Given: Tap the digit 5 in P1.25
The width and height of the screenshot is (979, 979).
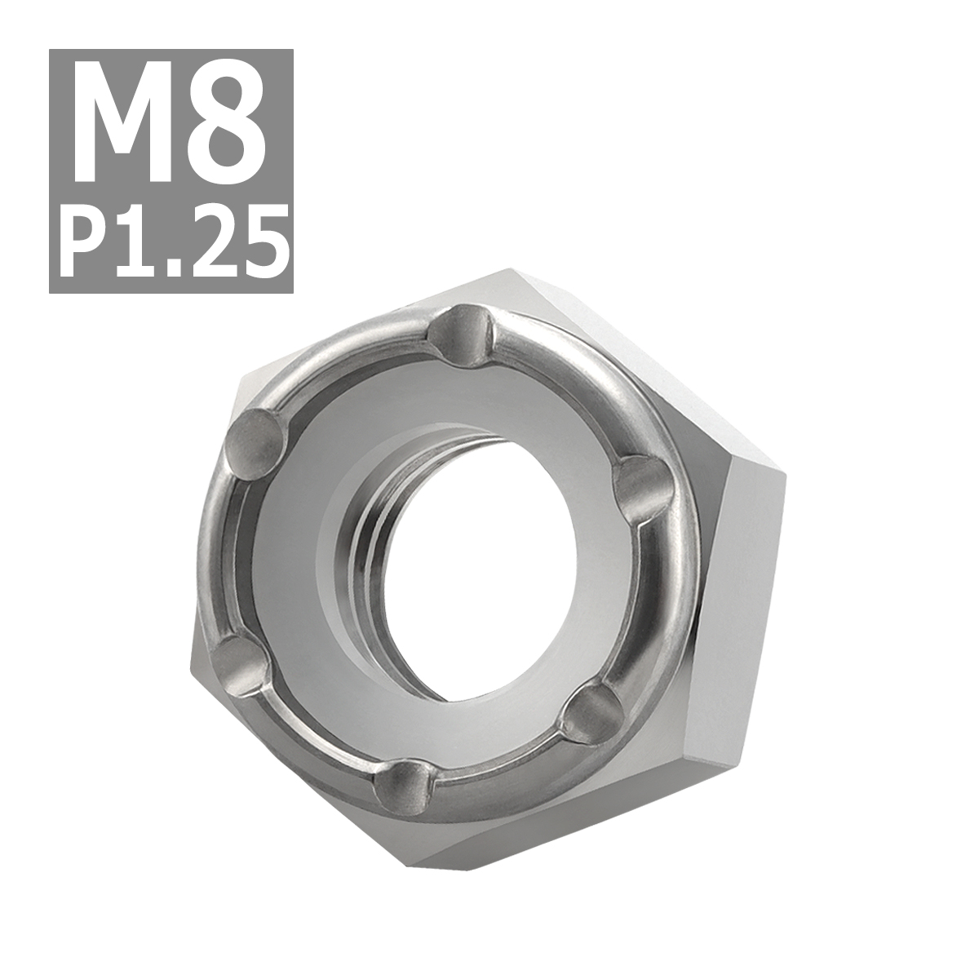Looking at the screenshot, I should pyautogui.click(x=261, y=232).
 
